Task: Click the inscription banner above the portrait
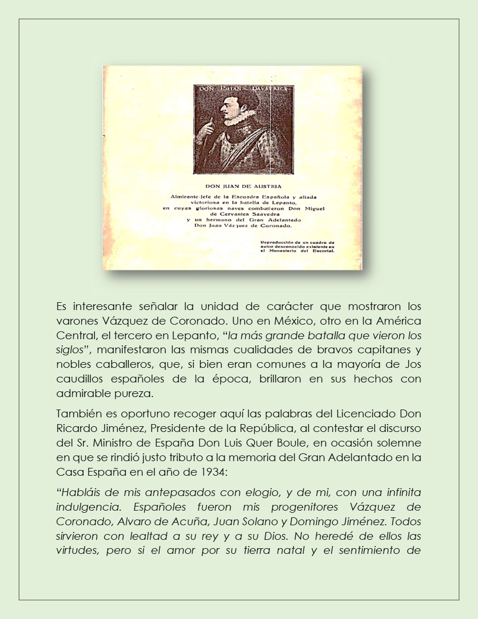(x=244, y=90)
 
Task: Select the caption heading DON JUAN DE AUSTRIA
(x=244, y=186)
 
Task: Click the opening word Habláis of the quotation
(x=80, y=491)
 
